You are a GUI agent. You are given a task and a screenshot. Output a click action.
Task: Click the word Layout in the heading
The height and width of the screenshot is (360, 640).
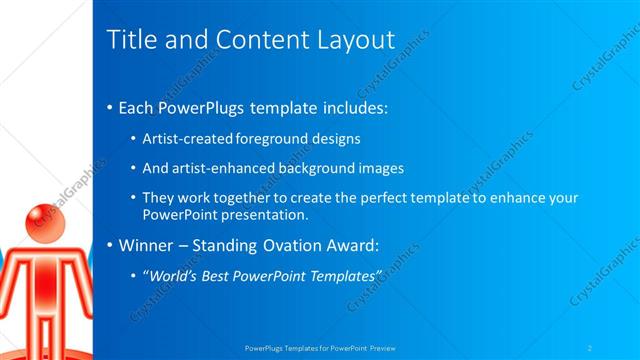(355, 39)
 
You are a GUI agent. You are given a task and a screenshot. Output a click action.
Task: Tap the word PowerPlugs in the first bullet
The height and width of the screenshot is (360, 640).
(198, 107)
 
